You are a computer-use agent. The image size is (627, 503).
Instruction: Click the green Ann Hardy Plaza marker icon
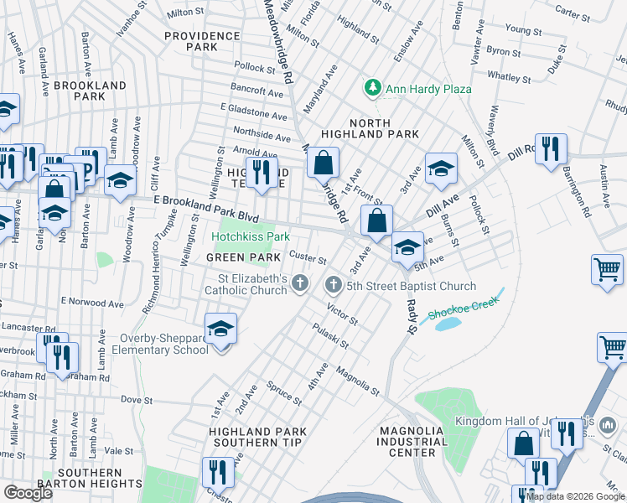[372, 88]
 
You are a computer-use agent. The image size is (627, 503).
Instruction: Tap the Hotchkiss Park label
[256, 237]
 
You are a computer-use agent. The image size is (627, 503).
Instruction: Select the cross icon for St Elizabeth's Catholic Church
[300, 285]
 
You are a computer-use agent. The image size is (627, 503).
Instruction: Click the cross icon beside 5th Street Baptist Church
[333, 285]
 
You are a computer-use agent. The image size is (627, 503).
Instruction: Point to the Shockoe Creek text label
[458, 314]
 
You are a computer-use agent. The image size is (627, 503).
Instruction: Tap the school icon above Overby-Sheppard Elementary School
[220, 329]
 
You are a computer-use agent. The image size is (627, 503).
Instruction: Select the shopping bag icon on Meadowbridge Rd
[323, 161]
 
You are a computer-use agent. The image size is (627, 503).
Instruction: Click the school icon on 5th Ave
[407, 246]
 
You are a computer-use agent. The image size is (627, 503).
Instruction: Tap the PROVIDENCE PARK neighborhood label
[202, 42]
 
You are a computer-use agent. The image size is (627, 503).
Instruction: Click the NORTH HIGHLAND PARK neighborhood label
[370, 127]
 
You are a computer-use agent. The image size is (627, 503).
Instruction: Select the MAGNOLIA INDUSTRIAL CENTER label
[412, 442]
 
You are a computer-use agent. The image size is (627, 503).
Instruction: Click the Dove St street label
[136, 400]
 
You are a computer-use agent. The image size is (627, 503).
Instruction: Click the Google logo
[28, 493]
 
